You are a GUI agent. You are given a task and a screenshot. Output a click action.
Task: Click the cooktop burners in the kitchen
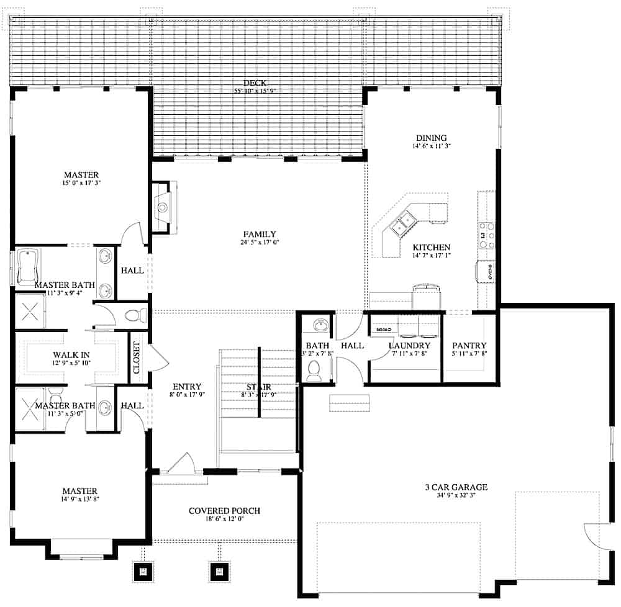click(x=487, y=236)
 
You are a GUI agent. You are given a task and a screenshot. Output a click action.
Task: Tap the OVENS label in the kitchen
click(x=489, y=271)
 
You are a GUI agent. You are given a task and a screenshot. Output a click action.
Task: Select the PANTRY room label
click(x=469, y=346)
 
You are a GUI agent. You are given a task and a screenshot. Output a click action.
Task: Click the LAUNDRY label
click(x=409, y=346)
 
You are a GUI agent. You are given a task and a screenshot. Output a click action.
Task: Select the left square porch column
click(x=143, y=571)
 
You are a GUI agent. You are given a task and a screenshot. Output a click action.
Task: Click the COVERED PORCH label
click(x=225, y=511)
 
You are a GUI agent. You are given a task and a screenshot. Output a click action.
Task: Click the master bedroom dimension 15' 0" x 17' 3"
click(x=81, y=184)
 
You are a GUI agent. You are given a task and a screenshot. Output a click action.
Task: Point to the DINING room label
click(x=431, y=138)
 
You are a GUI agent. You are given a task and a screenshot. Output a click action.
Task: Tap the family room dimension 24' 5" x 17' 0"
click(x=260, y=242)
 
